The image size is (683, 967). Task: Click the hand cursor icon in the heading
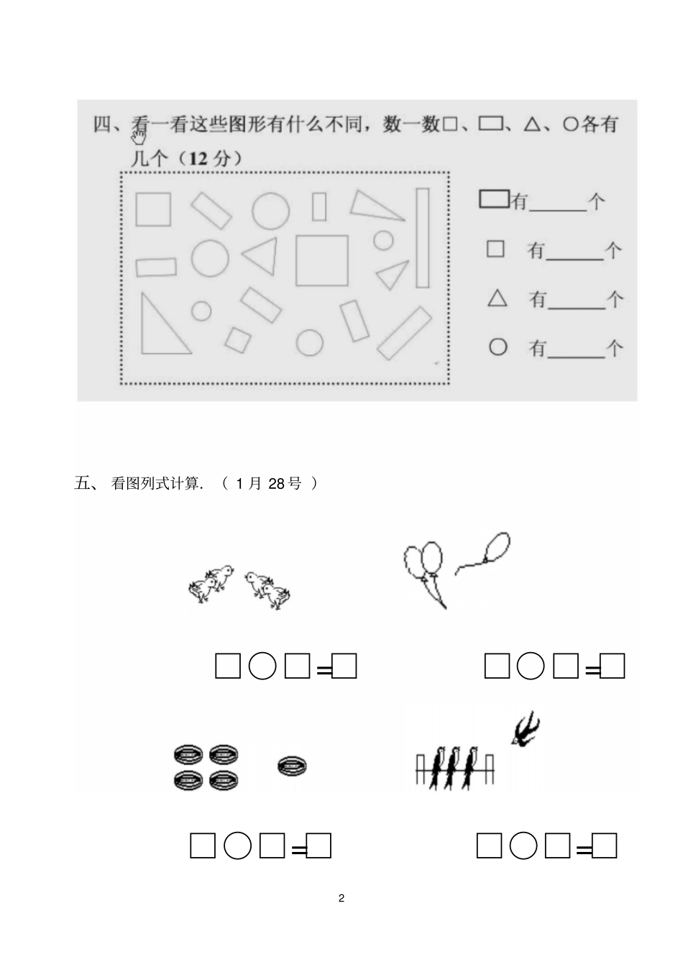point(139,137)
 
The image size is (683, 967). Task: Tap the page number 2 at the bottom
point(341,898)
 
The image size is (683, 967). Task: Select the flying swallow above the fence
point(526,728)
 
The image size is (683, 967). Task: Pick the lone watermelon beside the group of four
point(292,766)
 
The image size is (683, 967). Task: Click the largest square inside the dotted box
point(321,260)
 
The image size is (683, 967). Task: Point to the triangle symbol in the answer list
point(498,298)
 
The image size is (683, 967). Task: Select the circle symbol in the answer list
point(498,347)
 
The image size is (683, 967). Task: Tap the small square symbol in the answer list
point(495,249)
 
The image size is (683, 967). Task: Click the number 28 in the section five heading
point(277,484)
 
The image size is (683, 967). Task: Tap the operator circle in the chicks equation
point(262,666)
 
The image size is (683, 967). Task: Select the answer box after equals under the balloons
point(613,666)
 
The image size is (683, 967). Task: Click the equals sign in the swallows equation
point(584,851)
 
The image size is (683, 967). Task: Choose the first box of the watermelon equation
point(203,845)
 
